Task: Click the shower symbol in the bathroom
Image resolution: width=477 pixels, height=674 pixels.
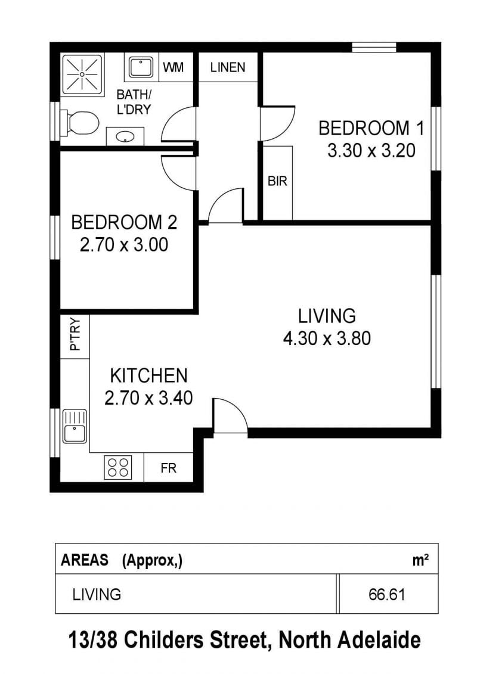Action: click(82, 74)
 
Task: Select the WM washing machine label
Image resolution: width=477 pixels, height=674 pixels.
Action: click(174, 67)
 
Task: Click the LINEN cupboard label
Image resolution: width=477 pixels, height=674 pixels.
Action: click(228, 67)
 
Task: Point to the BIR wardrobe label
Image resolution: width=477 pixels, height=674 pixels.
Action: click(277, 181)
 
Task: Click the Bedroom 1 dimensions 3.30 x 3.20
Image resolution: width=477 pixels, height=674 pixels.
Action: click(371, 150)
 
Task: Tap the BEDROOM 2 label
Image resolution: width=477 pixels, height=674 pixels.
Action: click(124, 222)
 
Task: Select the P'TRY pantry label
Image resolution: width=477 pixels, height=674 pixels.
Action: click(75, 334)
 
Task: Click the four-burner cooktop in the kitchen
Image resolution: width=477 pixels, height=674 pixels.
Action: click(118, 467)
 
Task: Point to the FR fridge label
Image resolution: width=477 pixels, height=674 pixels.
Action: click(168, 468)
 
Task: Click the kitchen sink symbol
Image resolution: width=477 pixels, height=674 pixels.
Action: click(75, 426)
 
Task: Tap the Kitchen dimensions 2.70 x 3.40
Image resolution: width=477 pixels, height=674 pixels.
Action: click(148, 397)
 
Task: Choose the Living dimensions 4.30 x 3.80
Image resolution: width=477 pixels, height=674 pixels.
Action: click(327, 338)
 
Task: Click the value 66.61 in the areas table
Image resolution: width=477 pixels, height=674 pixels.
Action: click(387, 595)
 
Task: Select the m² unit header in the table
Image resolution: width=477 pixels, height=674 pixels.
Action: click(420, 560)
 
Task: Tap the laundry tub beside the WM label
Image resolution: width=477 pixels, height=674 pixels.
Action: click(141, 68)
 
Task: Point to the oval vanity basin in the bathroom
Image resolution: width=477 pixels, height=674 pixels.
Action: click(125, 137)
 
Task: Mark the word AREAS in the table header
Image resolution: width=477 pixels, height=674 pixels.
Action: click(84, 560)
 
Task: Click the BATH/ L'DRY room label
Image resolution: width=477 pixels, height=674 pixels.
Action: click(134, 102)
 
